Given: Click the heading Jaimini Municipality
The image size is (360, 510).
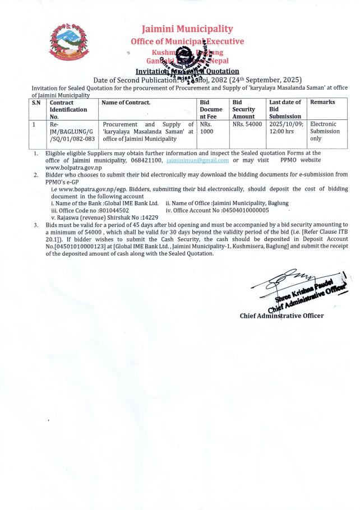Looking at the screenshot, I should tap(187, 29).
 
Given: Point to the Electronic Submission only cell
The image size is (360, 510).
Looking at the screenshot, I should tap(323, 131).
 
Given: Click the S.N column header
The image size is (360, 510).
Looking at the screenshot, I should tap(36, 102).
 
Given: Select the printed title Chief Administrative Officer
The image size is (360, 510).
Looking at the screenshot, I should tap(281, 316).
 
